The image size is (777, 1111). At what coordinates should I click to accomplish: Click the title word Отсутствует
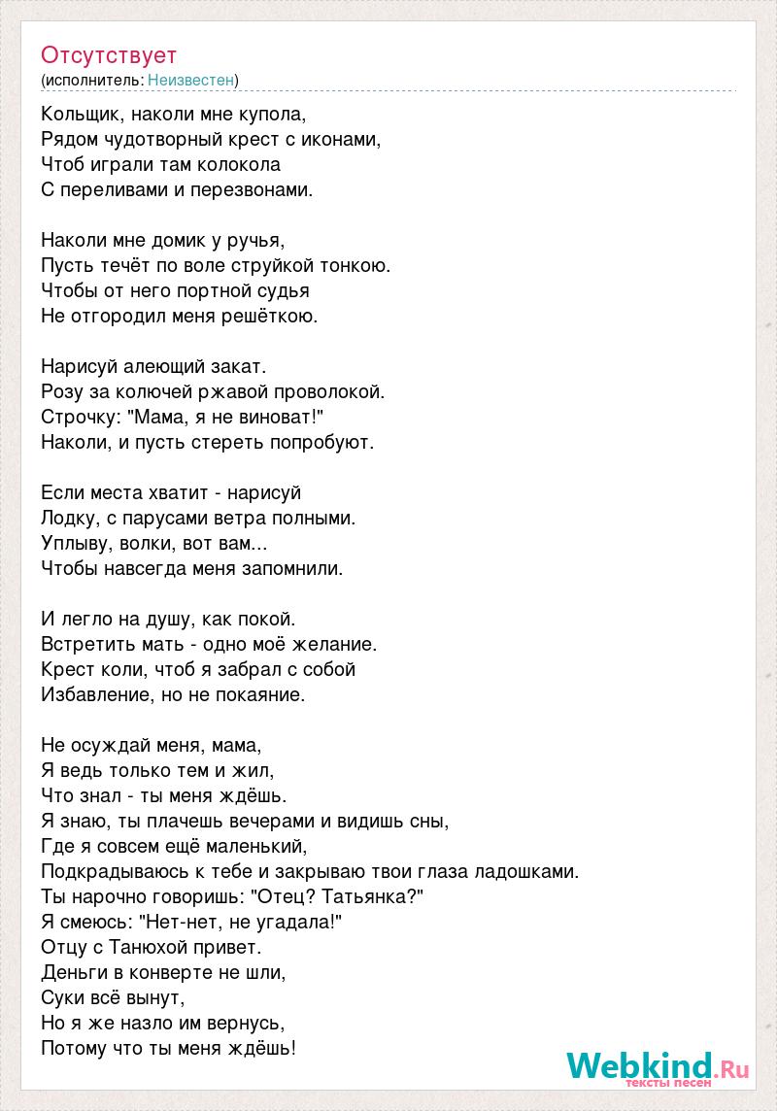click(109, 54)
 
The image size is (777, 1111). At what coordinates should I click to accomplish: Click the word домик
click(176, 240)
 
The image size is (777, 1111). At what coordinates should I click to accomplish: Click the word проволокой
click(333, 391)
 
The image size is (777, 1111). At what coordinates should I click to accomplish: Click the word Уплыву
click(74, 543)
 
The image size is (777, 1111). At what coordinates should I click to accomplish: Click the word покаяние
click(261, 694)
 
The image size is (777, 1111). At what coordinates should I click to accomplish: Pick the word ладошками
click(528, 871)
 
